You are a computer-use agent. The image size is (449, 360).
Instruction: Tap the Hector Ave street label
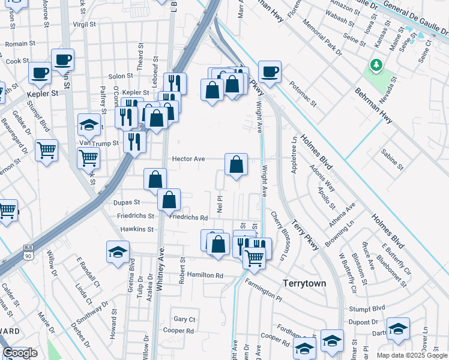coord(188,160)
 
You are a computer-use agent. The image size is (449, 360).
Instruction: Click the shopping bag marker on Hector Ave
coord(237,164)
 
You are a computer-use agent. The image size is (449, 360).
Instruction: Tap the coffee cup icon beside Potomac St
coord(270,72)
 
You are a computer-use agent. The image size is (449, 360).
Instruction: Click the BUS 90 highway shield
coord(28,252)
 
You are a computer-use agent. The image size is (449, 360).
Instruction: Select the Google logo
coord(20,353)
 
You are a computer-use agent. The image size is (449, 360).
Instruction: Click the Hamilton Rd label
coord(205,275)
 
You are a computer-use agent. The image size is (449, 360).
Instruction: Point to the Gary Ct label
coord(184,319)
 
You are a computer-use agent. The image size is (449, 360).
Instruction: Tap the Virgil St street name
coord(85,25)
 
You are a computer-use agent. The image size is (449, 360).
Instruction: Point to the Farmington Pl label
coord(263,292)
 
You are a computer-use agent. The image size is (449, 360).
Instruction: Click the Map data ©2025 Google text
coord(411,355)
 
